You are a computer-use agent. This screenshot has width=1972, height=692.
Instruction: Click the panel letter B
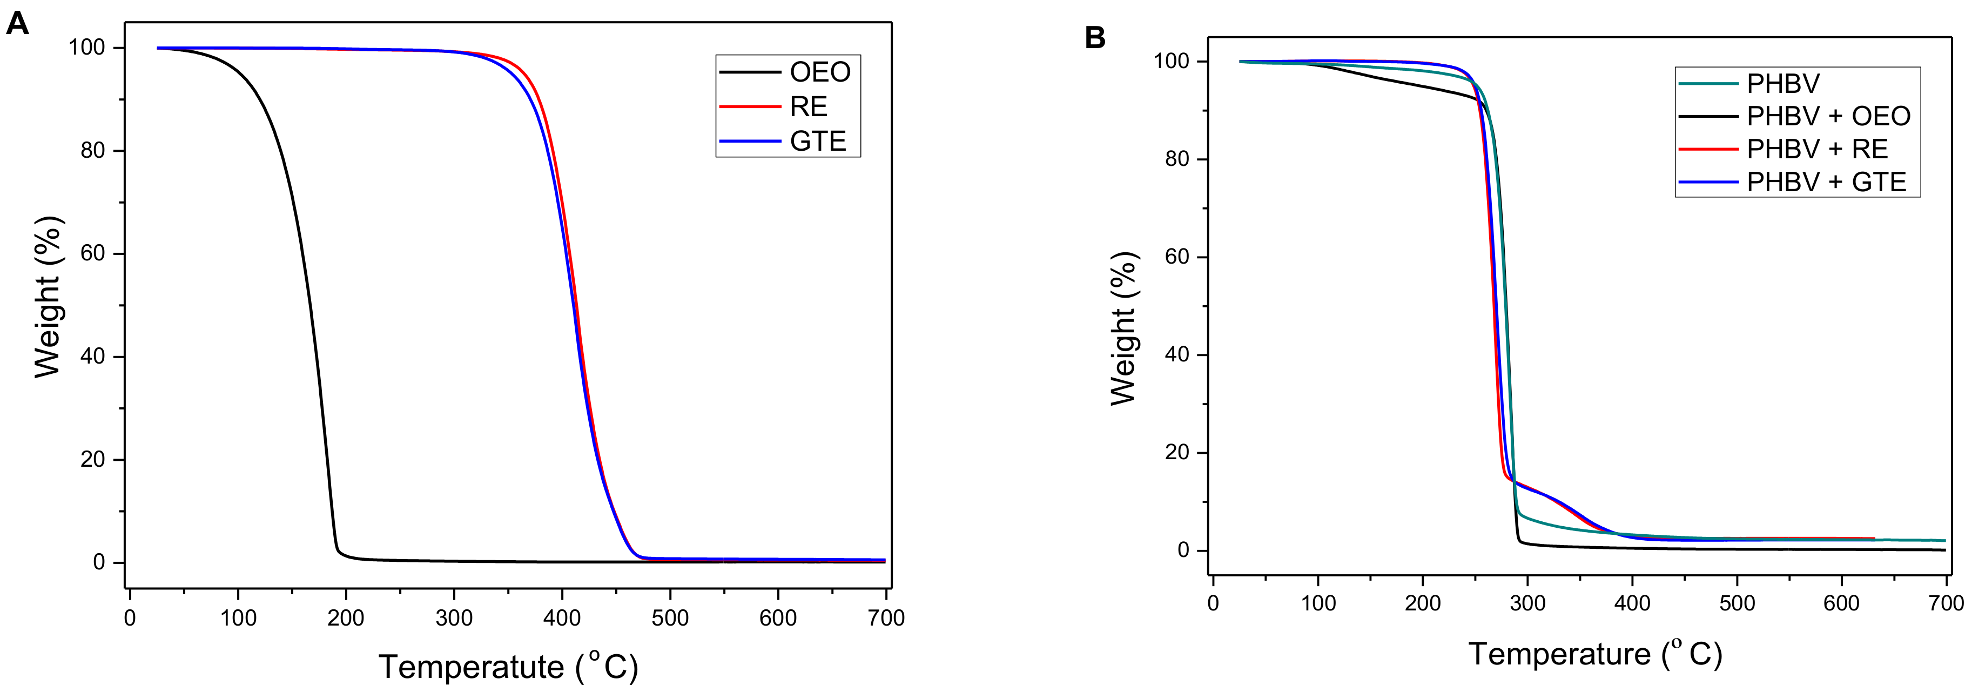pyautogui.click(x=1095, y=37)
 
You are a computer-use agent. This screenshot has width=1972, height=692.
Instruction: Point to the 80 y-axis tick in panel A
pyautogui.click(x=92, y=151)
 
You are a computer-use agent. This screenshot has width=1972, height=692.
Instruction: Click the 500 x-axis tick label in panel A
pyautogui.click(x=670, y=618)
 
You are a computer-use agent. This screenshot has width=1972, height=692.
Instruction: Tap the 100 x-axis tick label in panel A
pyautogui.click(x=238, y=618)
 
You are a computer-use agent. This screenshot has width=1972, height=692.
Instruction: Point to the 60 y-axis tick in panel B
pyautogui.click(x=1176, y=257)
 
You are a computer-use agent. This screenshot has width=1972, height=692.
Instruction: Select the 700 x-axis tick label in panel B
pyautogui.click(x=1945, y=603)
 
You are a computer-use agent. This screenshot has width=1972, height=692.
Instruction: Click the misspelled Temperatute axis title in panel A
pyautogui.click(x=508, y=666)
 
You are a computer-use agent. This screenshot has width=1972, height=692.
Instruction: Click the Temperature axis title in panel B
pyautogui.click(x=1594, y=653)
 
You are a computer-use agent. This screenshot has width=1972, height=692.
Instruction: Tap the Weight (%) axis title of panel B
pyautogui.click(x=1124, y=329)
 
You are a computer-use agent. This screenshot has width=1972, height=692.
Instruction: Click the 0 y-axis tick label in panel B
pyautogui.click(x=1183, y=550)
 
